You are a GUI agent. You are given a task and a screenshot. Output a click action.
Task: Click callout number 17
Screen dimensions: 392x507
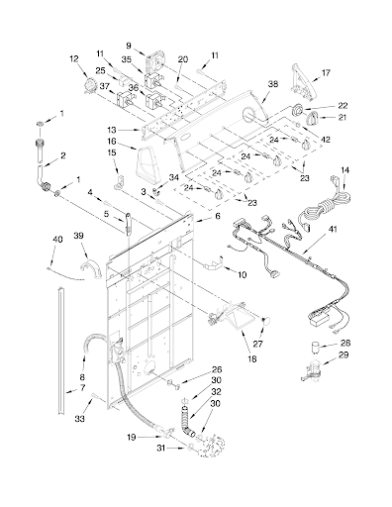click(326, 72)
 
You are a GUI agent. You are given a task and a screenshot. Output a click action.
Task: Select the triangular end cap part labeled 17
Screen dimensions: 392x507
click(302, 81)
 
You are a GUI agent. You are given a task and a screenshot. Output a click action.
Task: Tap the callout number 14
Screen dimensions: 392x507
click(344, 170)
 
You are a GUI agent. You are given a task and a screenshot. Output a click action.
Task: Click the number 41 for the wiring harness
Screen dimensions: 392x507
click(333, 229)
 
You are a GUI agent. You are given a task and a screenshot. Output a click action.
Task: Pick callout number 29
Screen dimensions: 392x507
click(345, 355)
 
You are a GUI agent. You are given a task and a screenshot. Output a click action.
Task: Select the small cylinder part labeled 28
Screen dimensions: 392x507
click(316, 348)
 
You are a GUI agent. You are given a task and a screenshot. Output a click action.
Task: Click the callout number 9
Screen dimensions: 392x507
click(129, 46)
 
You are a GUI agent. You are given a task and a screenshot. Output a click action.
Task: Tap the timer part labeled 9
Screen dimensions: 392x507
click(153, 60)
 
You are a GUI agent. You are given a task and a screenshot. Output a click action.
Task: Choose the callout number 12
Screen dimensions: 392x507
click(74, 58)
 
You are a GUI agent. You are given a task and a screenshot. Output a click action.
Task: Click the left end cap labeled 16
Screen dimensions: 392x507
click(147, 162)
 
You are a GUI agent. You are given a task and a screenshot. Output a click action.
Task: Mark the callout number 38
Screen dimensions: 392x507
click(273, 84)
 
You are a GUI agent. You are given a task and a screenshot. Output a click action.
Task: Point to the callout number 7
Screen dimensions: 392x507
click(82, 387)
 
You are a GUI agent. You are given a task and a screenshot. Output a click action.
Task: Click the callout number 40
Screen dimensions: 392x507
click(57, 240)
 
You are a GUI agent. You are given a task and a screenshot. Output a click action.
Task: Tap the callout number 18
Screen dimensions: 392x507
click(252, 358)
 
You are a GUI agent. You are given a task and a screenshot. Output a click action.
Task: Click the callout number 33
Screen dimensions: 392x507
click(79, 419)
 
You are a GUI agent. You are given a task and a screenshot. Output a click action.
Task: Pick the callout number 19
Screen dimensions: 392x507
click(131, 438)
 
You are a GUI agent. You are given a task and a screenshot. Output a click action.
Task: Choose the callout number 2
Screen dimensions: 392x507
click(62, 155)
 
